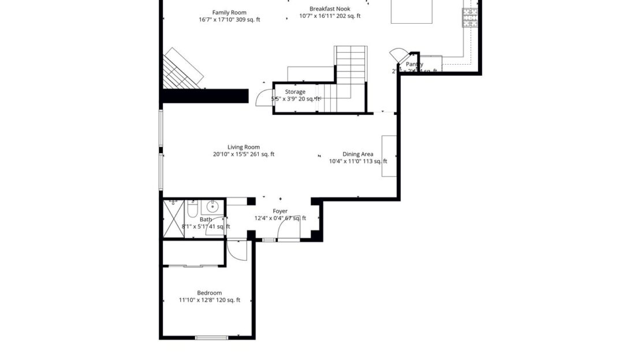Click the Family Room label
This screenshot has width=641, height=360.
(229, 12)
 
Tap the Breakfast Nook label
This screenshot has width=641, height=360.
(330, 9)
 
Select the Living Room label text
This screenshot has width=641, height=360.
(243, 147)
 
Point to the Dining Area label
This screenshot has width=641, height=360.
(358, 154)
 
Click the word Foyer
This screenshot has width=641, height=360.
(280, 211)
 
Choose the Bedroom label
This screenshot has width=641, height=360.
(209, 292)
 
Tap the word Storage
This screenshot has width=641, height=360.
(295, 92)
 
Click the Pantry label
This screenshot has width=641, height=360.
(414, 64)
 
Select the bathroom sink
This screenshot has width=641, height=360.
(212, 206)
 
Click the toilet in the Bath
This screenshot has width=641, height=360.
(193, 207)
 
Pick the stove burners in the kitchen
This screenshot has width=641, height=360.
(470, 17)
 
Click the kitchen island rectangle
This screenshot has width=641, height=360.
(411, 12)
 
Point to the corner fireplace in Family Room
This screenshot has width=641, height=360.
(182, 69)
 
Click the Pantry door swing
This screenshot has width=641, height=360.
(398, 56)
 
